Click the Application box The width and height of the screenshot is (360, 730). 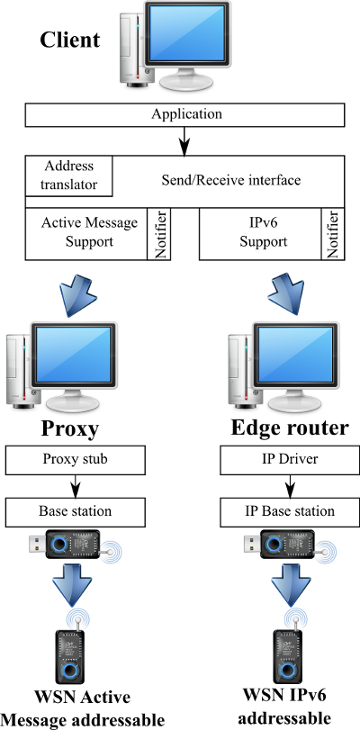coord(184,114)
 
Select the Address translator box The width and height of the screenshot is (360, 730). coord(69,176)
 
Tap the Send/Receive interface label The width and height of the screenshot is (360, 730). coord(231,180)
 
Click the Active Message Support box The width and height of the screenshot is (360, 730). coord(86,233)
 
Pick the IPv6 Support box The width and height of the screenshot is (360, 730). coord(260,233)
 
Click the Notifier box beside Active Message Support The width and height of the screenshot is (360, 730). coord(159,233)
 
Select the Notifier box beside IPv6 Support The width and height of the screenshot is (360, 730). coord(333,233)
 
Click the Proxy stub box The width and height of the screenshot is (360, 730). coord(75,459)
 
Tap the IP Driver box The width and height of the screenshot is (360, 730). coord(288,459)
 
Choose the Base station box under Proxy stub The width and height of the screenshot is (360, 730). coord(75,511)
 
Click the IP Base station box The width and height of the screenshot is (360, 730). coord(288,511)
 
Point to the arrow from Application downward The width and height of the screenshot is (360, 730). coord(184,140)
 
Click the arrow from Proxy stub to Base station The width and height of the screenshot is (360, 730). coord(75,486)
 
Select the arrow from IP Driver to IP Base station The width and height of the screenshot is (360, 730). coord(289,486)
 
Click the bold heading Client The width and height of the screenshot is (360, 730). coord(70,40)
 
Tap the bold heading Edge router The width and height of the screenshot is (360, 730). coord(289,428)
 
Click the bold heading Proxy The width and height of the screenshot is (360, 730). coord(70,428)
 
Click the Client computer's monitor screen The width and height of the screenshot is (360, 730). coord(186,34)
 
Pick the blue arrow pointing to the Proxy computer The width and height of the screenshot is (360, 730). coord(78,294)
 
